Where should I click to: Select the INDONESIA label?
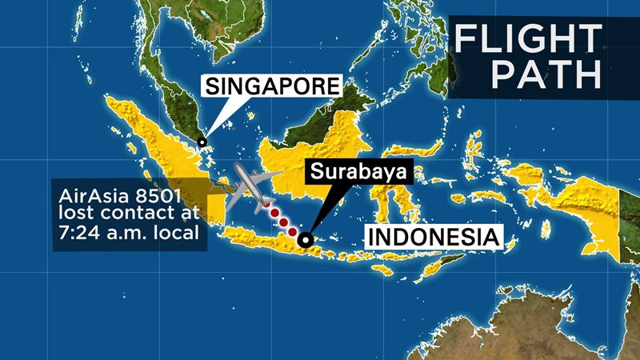[x=433, y=238]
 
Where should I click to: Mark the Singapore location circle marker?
[x=202, y=142]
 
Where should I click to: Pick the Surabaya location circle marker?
[x=305, y=238]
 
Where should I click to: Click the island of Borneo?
[x=320, y=144]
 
